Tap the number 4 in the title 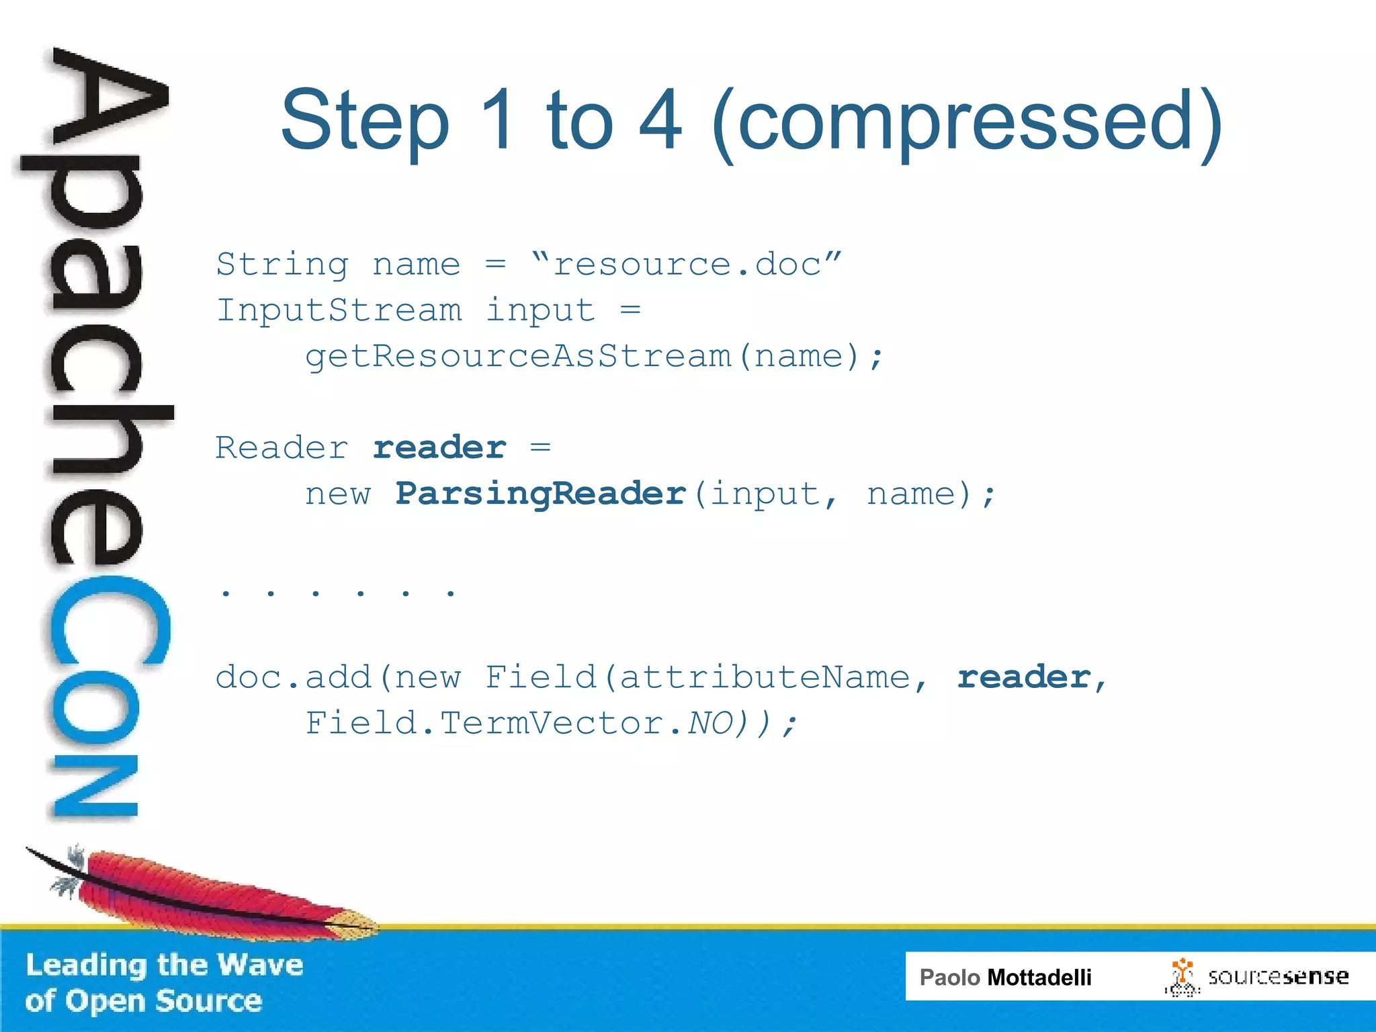(x=660, y=121)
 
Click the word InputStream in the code (x=339, y=310)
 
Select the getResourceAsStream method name (x=517, y=356)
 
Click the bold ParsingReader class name (x=541, y=494)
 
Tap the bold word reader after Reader (x=439, y=448)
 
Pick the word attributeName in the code (x=765, y=677)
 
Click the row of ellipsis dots (x=338, y=593)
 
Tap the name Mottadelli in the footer (x=1039, y=978)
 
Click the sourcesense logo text (x=1277, y=977)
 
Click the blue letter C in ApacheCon (x=107, y=621)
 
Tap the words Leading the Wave (x=165, y=965)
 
